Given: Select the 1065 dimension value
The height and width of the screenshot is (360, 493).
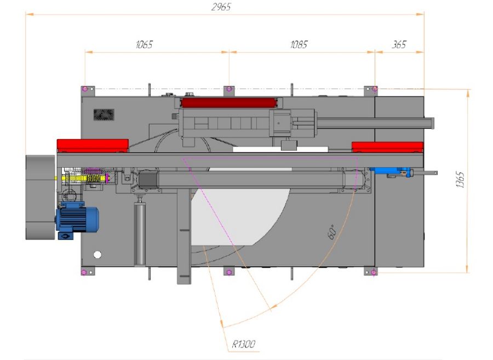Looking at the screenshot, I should click(x=144, y=45).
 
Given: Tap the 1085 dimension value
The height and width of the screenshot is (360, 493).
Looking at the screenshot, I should click(x=299, y=45).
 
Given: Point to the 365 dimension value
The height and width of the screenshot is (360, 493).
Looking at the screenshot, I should click(x=399, y=45).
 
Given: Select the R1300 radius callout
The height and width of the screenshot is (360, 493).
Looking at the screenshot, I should click(x=244, y=344).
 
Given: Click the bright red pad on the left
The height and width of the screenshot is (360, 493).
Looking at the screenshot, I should click(x=93, y=145).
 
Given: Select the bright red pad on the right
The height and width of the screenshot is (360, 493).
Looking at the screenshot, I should click(x=388, y=146).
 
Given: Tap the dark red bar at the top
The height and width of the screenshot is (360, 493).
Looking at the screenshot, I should click(x=228, y=102).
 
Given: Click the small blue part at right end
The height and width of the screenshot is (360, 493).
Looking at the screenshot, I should click(x=390, y=172).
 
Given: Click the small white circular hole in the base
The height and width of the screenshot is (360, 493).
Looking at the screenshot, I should click(x=98, y=254).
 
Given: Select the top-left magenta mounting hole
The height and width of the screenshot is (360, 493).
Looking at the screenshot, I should click(x=84, y=89).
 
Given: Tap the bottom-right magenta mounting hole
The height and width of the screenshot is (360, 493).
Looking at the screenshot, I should click(x=373, y=272).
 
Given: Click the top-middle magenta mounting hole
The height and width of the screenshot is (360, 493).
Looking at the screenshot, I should click(x=228, y=89).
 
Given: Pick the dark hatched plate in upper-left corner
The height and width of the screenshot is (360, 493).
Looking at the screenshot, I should click(x=104, y=114).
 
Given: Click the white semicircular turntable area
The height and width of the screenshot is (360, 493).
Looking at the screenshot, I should click(x=241, y=216).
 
